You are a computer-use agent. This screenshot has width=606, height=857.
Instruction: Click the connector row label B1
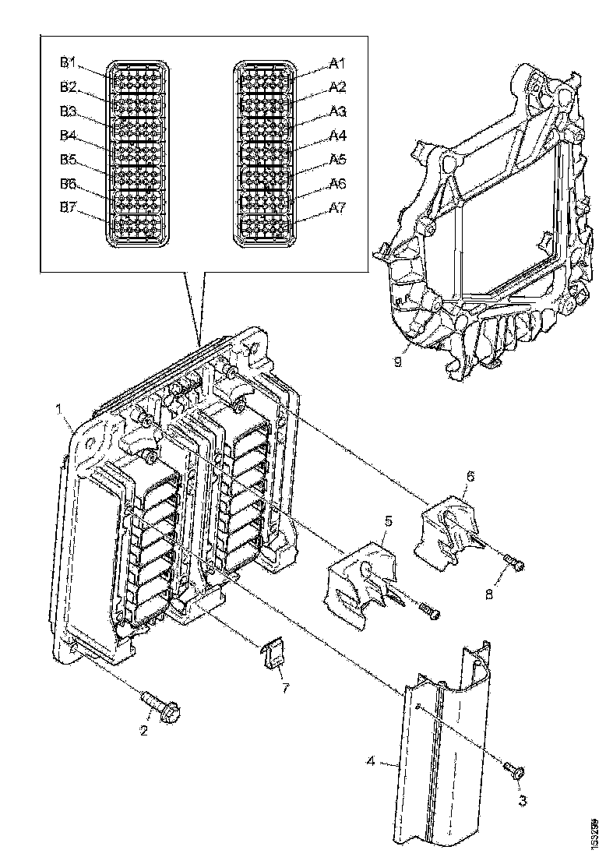(x=68, y=62)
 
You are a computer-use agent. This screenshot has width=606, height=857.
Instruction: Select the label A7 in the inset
(x=337, y=208)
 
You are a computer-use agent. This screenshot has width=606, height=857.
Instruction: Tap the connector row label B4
(x=68, y=135)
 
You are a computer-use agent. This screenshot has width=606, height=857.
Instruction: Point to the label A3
(x=337, y=111)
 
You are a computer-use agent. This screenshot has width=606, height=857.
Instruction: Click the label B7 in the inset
(x=68, y=208)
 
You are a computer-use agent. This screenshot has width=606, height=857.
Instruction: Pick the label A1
(x=337, y=62)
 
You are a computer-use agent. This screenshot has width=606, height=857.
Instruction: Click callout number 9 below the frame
(x=397, y=363)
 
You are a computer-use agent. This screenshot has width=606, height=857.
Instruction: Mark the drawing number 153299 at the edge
(x=594, y=833)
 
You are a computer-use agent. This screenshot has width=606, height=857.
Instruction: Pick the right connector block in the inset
(x=266, y=154)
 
